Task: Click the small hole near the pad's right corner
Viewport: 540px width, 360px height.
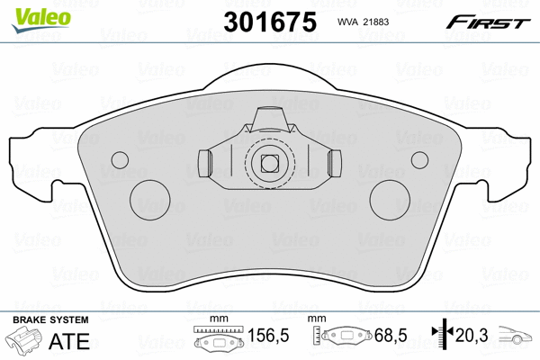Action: [x=418, y=159]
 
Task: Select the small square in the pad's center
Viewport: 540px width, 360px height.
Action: [x=268, y=164]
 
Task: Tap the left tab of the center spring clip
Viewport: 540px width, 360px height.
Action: [x=202, y=164]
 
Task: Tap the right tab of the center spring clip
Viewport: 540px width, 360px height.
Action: [x=335, y=164]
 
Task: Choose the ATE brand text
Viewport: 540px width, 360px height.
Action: [x=65, y=341]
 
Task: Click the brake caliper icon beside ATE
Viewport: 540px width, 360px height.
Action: [x=24, y=343]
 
